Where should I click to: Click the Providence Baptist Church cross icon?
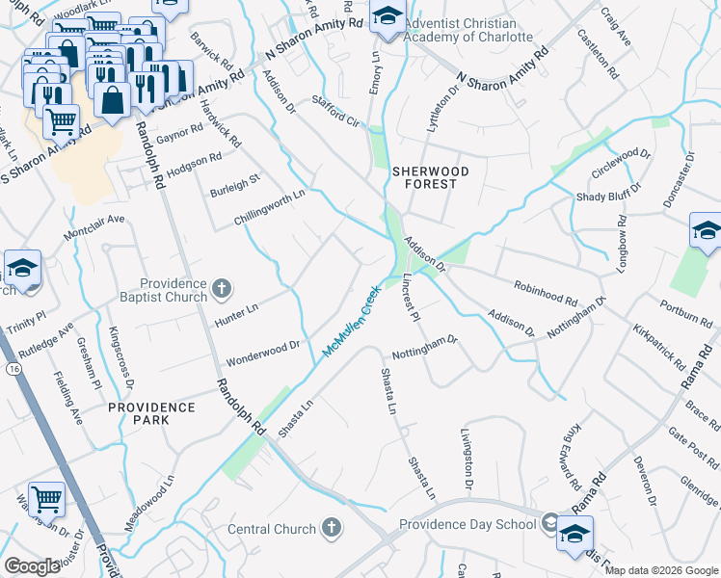pyautogui.click(x=221, y=288)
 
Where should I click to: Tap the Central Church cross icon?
pyautogui.click(x=331, y=527)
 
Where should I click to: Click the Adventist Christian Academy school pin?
pyautogui.click(x=387, y=18)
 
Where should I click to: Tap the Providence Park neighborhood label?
pyautogui.click(x=151, y=413)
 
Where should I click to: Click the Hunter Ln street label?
pyautogui.click(x=237, y=311)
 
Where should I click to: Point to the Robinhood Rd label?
pyautogui.click(x=546, y=293)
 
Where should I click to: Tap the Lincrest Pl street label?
pyautogui.click(x=409, y=299)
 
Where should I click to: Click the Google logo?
pyautogui.click(x=32, y=566)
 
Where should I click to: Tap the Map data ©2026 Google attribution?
pyautogui.click(x=661, y=570)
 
